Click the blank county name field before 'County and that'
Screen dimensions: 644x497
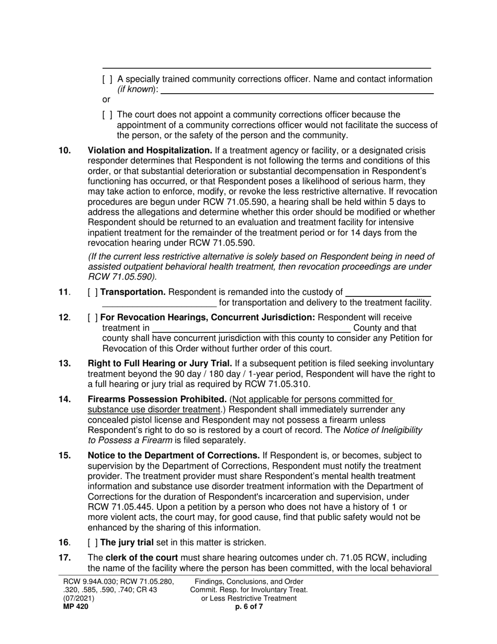point(251,328)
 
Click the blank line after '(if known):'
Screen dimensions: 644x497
point(297,90)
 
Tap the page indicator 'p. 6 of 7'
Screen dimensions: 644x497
point(249,607)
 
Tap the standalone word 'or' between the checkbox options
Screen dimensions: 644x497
point(106,99)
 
